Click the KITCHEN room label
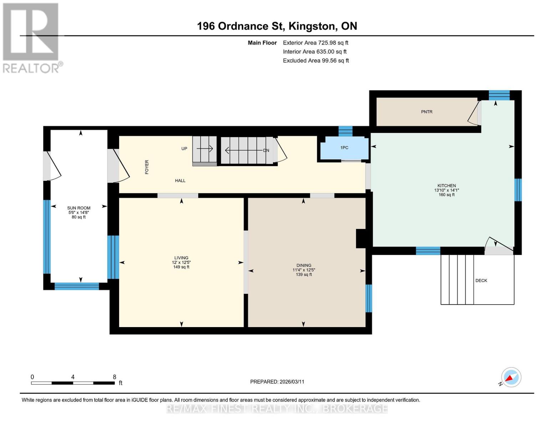tap(447, 185)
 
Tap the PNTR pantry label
tap(427, 112)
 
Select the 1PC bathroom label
tap(344, 148)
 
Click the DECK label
tap(481, 280)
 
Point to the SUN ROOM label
tap(79, 208)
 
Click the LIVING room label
tap(181, 258)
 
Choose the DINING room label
tap(304, 265)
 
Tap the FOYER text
tap(147, 167)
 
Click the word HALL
tap(180, 180)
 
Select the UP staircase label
tap(184, 148)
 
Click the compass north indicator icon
tap(511, 377)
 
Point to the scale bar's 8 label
tap(115, 377)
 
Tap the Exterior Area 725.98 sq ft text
tap(315, 42)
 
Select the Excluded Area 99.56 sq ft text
tap(316, 60)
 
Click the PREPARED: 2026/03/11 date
tap(277, 382)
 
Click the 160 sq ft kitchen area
tap(447, 195)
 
